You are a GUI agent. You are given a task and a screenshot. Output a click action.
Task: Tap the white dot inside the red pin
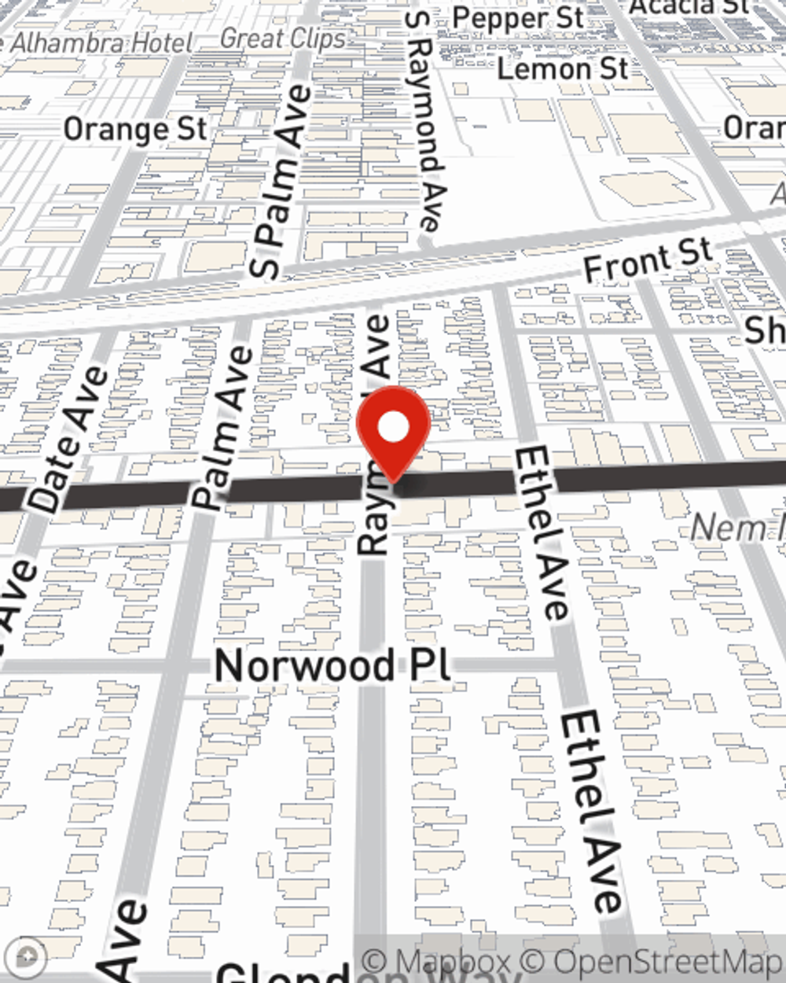(393, 428)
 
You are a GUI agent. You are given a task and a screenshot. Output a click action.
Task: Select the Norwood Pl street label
(333, 666)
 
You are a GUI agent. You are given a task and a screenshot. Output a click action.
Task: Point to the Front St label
(648, 260)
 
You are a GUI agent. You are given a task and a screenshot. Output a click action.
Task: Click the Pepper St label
(518, 19)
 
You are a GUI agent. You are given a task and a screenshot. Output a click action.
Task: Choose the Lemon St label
(563, 69)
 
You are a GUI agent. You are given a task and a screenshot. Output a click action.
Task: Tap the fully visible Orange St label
(135, 130)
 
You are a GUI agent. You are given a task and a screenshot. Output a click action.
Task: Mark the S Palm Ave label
(279, 182)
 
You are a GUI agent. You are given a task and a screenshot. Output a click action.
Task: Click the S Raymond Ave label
(424, 122)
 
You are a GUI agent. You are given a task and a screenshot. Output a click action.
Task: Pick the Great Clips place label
(282, 39)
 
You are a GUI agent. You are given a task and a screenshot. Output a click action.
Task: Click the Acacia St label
(689, 6)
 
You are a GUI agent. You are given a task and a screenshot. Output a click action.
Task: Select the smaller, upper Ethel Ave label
(542, 535)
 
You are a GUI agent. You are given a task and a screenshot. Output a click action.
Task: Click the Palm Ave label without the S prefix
(224, 429)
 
